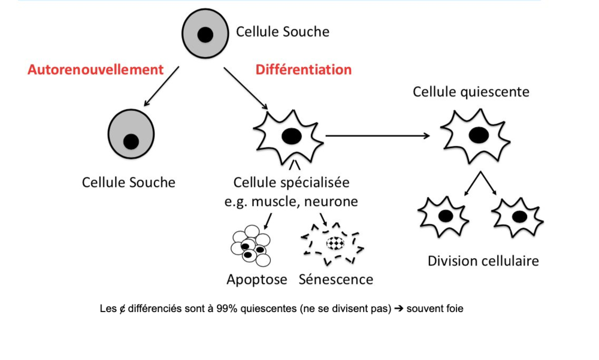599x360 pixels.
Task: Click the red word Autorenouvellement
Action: (95, 69)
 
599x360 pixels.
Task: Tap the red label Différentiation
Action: (304, 69)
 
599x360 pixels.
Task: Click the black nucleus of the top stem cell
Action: (205, 35)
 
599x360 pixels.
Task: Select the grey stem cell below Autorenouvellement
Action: (131, 135)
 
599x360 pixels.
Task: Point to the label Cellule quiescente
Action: (471, 92)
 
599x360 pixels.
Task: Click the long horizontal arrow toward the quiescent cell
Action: (377, 135)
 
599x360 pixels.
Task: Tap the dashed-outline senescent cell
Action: (333, 243)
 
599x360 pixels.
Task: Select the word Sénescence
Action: (336, 279)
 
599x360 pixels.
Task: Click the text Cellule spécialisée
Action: (292, 181)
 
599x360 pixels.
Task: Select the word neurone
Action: (331, 201)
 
